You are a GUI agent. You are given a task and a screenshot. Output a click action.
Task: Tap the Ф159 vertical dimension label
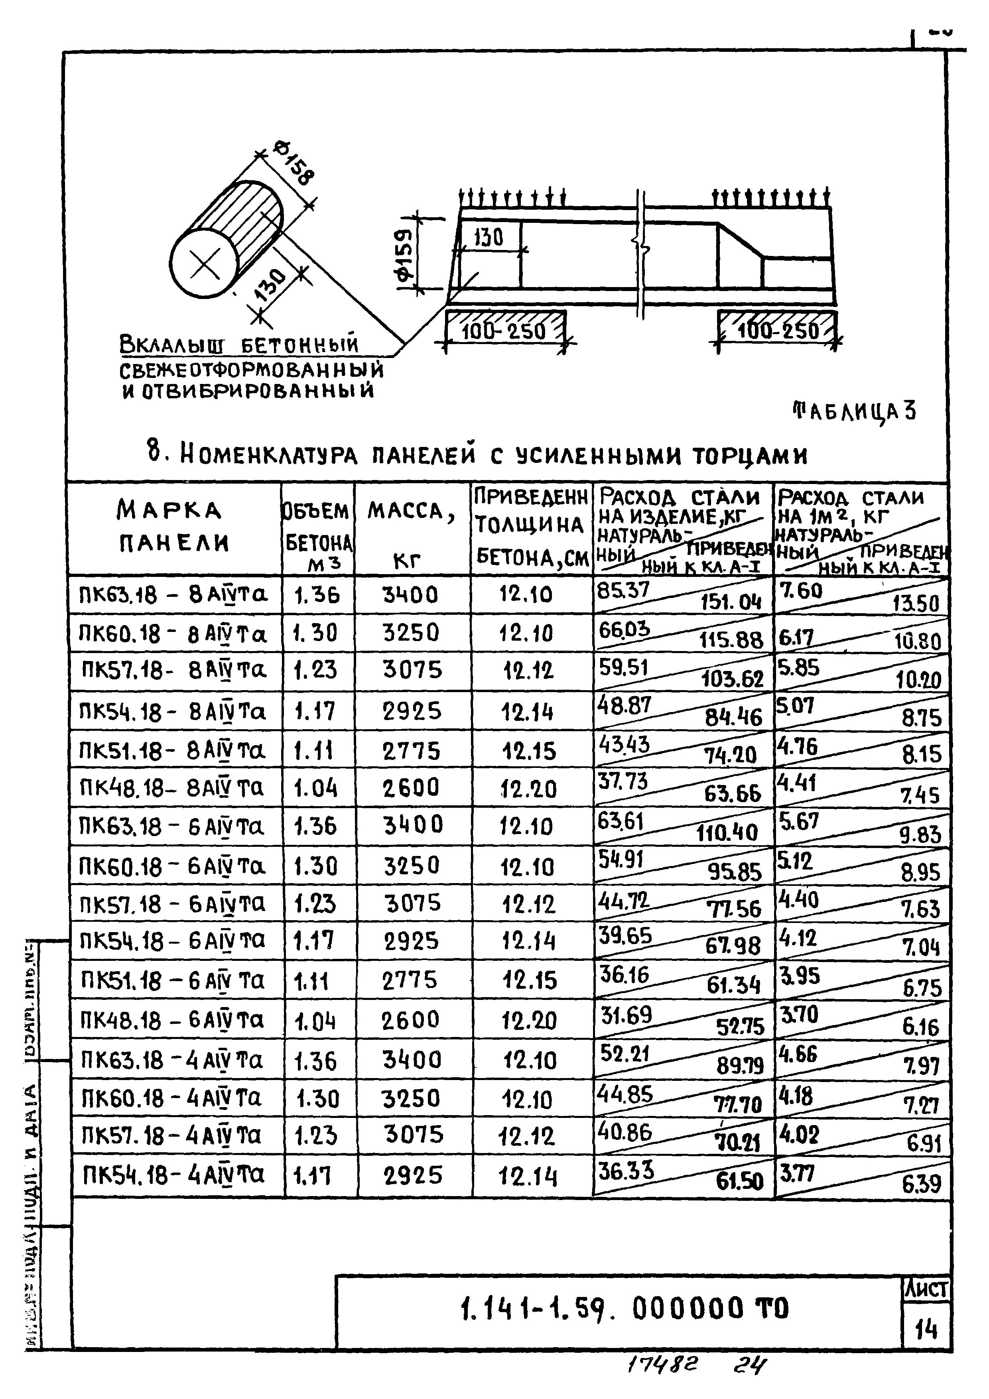pyautogui.click(x=404, y=255)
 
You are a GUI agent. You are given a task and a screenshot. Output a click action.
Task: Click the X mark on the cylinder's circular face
pyautogui.click(x=203, y=264)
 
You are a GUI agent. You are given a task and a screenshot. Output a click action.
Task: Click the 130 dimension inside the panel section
pyautogui.click(x=489, y=237)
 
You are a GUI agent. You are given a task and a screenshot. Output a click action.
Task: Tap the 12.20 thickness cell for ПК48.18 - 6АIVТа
pyautogui.click(x=528, y=1019)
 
